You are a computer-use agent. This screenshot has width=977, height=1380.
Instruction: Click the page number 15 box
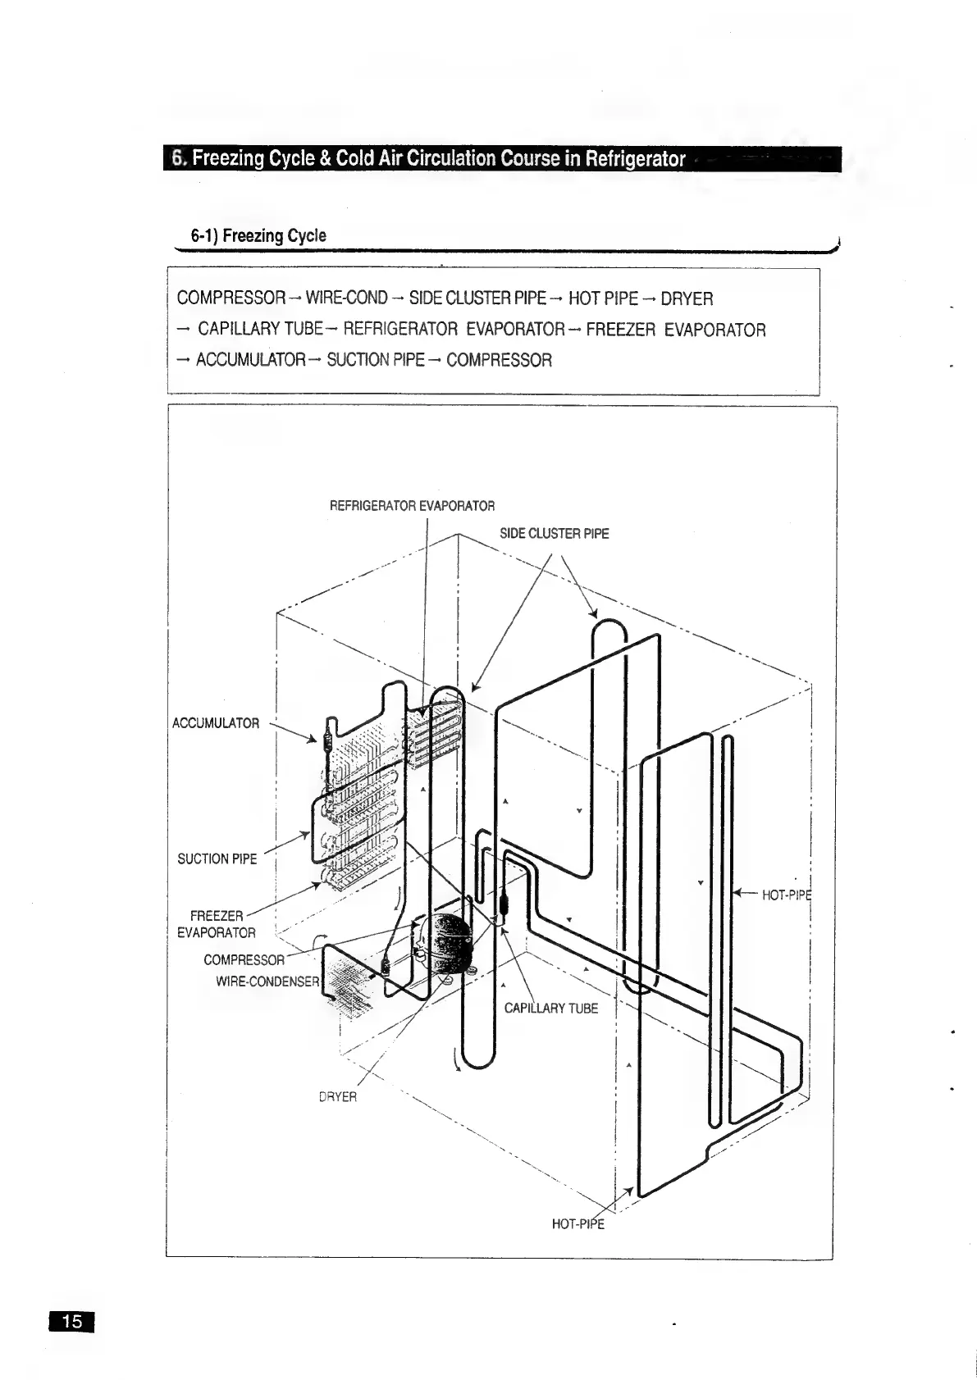72,1321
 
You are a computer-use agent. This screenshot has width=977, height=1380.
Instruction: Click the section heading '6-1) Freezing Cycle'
258,236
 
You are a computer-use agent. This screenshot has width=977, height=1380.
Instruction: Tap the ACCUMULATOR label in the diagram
216,723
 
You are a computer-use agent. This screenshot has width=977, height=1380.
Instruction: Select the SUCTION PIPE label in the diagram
217,859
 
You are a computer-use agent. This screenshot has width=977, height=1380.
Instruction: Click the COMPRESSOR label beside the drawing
244,960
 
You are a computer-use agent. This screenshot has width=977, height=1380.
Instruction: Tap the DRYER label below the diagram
338,1096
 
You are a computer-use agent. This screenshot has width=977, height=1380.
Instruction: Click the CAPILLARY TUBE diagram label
551,1009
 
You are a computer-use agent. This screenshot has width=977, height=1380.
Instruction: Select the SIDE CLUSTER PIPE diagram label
555,534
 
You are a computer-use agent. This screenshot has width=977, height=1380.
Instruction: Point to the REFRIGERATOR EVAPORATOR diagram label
412,506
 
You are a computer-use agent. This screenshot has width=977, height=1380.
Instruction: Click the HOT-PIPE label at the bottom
578,1224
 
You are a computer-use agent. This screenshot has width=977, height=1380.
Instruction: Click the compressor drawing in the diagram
443,943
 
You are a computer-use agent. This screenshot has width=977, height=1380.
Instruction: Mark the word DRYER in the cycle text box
687,298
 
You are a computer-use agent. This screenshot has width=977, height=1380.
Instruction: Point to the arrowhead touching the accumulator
313,740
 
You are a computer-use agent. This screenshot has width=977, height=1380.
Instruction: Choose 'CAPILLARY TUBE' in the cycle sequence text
258,330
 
